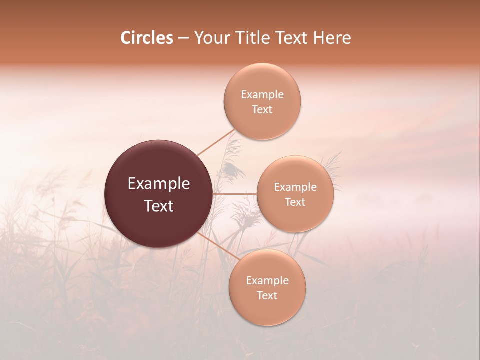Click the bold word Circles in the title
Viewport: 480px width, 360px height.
tap(147, 38)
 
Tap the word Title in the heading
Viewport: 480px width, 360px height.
tap(250, 38)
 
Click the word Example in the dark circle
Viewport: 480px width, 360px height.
tap(159, 184)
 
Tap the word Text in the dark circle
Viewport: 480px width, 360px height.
tap(159, 206)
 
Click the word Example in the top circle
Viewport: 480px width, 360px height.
tap(262, 95)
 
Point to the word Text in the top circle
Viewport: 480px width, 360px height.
tap(262, 110)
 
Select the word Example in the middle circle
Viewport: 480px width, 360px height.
tap(295, 187)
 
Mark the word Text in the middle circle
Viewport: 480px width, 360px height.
tap(295, 202)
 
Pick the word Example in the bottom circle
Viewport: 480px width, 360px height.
tap(267, 281)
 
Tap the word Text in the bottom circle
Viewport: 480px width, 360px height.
tap(267, 296)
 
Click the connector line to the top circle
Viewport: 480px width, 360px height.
tap(216, 142)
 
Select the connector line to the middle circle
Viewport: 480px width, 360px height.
tap(235, 193)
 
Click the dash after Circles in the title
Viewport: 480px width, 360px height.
tap(183, 38)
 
